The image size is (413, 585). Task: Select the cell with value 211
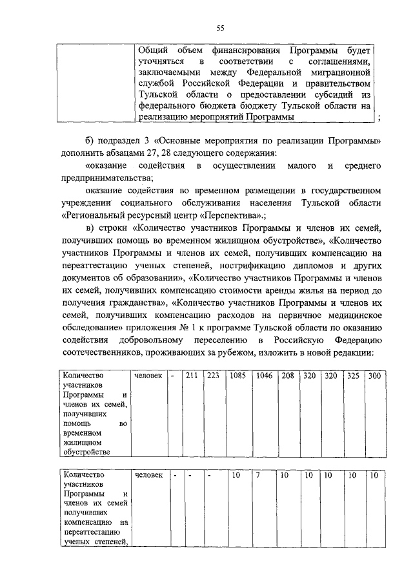[x=191, y=376]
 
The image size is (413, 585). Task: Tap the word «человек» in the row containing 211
[x=148, y=376]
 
